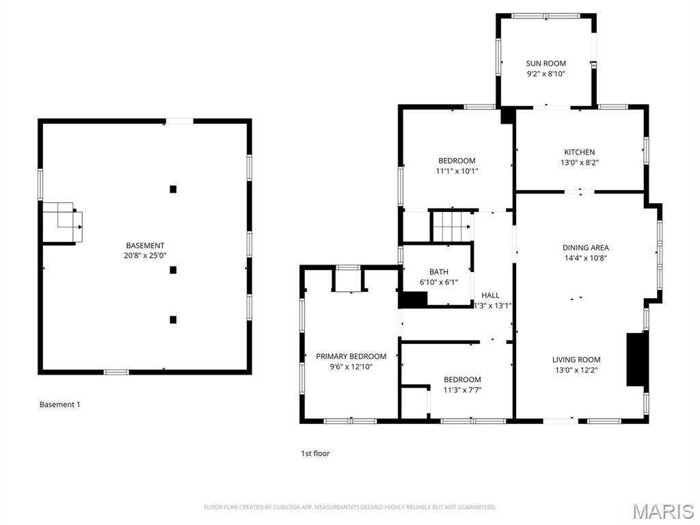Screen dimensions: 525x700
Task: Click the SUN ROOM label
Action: [x=546, y=64]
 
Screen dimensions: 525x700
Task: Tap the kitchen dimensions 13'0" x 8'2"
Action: [x=579, y=163]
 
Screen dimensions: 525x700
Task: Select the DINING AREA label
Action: [x=585, y=248]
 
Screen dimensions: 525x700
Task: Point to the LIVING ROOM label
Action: [x=576, y=360]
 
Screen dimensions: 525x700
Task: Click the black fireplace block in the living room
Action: [x=636, y=360]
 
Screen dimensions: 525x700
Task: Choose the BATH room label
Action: [x=438, y=272]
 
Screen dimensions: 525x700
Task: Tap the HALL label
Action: [x=490, y=295]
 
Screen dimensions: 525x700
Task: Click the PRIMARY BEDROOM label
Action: [x=351, y=356]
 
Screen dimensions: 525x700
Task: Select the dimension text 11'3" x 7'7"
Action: [x=462, y=390]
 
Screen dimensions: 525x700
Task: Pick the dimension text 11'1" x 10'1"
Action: [x=457, y=171]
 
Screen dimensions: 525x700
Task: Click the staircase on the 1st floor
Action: [x=452, y=226]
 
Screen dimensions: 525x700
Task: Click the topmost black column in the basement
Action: [x=173, y=189]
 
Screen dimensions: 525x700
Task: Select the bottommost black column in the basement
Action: [x=173, y=319]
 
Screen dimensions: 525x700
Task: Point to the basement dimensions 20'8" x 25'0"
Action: [x=145, y=256]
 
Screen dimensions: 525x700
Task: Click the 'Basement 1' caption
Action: [x=59, y=405]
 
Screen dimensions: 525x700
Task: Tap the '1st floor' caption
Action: [x=315, y=453]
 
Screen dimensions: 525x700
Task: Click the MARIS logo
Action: [x=662, y=511]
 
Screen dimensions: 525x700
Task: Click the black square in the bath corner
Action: [x=412, y=299]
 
